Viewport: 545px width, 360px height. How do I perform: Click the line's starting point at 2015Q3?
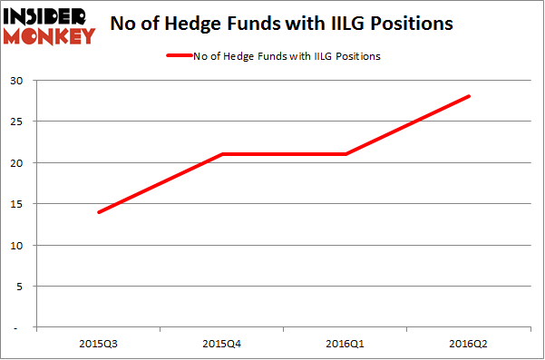(98, 212)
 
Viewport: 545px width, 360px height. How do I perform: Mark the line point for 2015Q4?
(222, 154)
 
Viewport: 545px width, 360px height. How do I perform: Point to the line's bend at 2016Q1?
(345, 154)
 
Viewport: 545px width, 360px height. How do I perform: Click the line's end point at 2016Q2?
(470, 97)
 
